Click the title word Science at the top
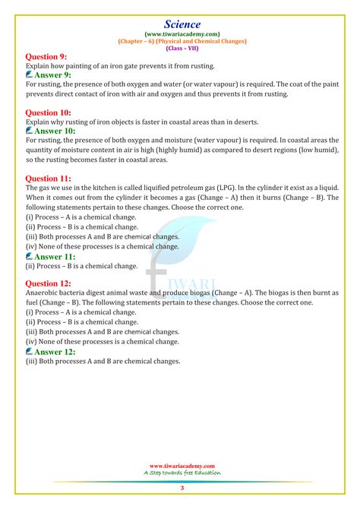tap(180, 8)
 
